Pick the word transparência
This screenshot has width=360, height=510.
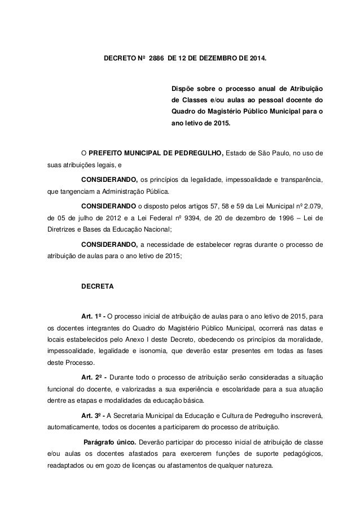pos(300,180)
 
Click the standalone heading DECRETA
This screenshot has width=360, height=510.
pos(98,286)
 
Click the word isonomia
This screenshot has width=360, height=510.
pos(156,353)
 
